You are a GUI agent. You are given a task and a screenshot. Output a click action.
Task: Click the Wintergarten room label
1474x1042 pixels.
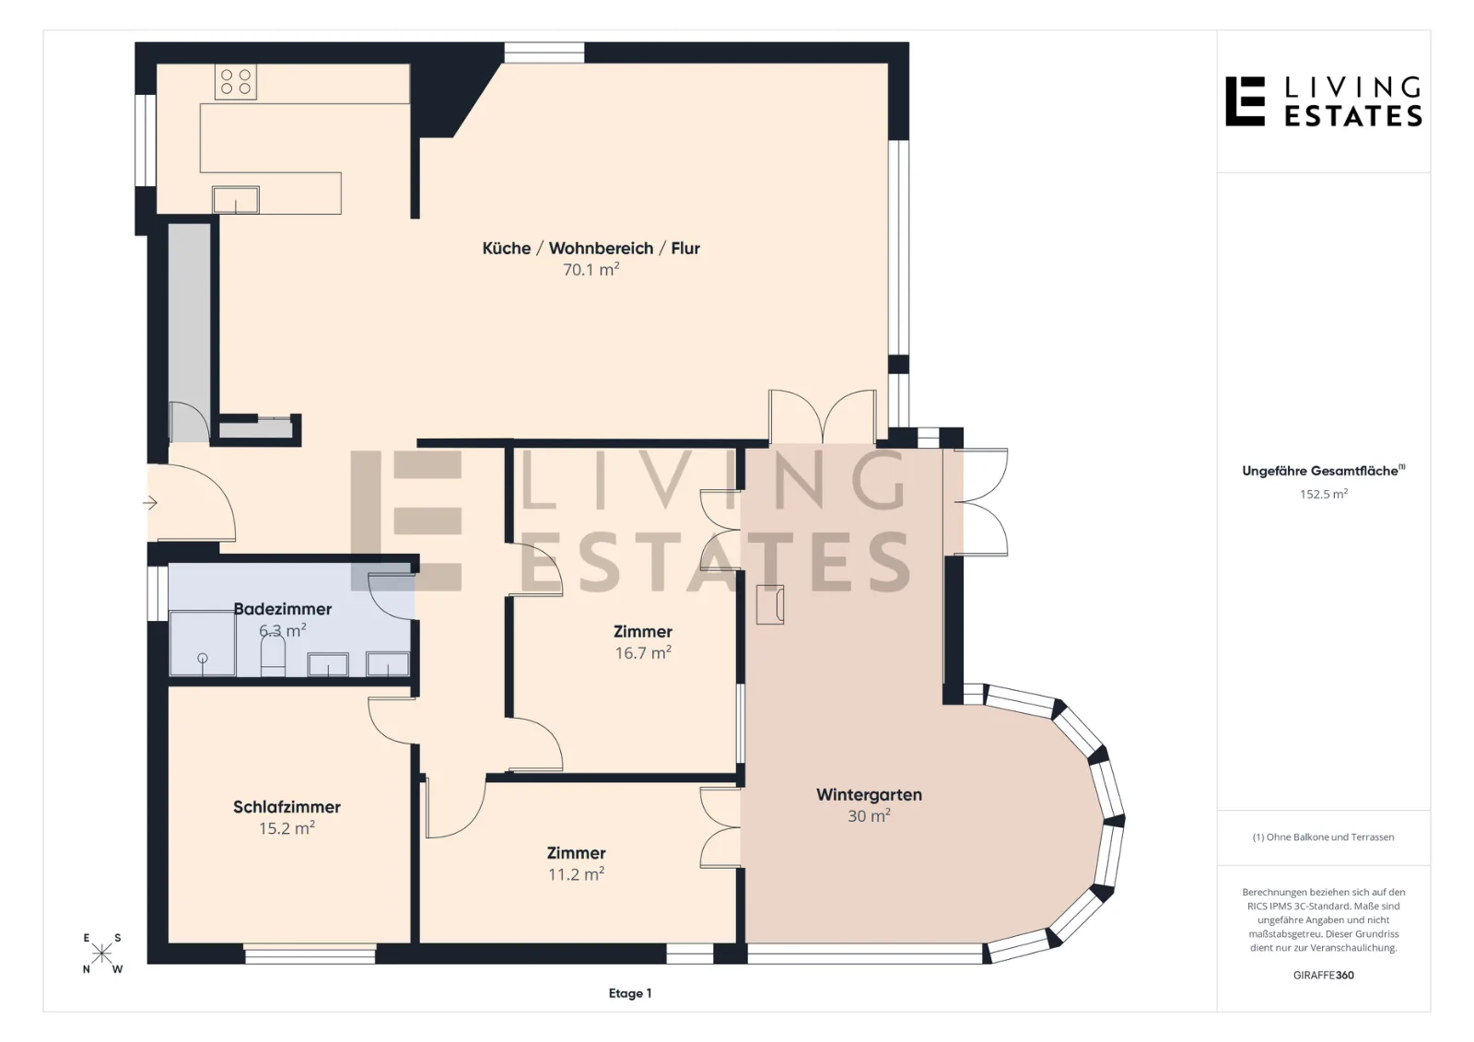(869, 794)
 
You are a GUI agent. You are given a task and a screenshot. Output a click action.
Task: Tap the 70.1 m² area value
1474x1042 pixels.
(591, 269)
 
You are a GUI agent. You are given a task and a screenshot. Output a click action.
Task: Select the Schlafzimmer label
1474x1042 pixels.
(287, 807)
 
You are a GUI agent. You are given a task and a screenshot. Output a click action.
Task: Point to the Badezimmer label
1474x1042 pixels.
(283, 609)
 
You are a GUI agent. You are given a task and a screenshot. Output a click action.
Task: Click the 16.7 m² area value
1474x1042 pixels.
(643, 652)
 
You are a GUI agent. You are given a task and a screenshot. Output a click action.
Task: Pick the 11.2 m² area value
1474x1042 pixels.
(577, 873)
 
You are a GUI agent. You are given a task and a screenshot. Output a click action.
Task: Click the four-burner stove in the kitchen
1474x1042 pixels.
(236, 82)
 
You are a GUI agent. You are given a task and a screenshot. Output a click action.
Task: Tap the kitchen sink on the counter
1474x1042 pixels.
(236, 199)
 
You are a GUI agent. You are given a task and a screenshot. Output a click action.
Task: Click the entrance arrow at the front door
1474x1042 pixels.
(150, 503)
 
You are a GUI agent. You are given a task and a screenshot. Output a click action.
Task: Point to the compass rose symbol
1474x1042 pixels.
(101, 954)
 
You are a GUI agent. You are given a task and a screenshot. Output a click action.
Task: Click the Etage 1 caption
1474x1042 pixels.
(630, 993)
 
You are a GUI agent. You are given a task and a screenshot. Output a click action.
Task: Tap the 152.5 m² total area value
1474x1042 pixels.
(1323, 494)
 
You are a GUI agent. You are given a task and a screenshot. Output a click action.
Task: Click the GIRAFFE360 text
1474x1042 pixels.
(1323, 975)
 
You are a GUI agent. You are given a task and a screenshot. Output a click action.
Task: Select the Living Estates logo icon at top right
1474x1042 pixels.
(1245, 101)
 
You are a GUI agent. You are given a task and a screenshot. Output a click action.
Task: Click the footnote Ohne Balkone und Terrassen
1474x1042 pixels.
(1323, 837)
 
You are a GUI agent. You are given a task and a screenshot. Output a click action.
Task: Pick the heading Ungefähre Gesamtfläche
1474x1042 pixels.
(1323, 471)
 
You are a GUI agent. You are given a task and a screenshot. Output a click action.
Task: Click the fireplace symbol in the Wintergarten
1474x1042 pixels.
(770, 604)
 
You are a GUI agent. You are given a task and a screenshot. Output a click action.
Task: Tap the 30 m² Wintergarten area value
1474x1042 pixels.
(869, 815)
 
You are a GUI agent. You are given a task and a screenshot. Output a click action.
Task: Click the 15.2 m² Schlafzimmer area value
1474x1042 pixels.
(287, 827)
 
